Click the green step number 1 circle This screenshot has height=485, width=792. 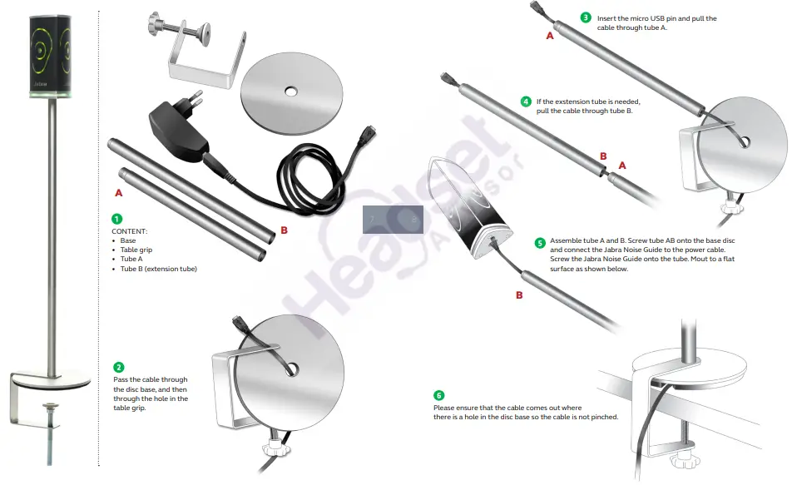point(117,218)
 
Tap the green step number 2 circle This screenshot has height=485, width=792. point(119,367)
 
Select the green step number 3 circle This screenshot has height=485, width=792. point(586,17)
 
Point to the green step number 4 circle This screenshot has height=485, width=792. point(526,101)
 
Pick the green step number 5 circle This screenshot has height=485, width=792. point(540,243)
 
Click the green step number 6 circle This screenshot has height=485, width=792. point(439,395)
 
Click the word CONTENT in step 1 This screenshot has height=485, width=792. point(129,230)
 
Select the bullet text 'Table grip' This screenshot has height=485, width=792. point(136,250)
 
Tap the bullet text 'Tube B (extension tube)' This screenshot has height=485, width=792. point(158,269)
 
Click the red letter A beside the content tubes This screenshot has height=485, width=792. point(119,191)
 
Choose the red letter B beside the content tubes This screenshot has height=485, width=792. point(284,230)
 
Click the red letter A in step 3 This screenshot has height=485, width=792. point(550,36)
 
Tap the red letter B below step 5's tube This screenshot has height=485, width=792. point(519,294)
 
